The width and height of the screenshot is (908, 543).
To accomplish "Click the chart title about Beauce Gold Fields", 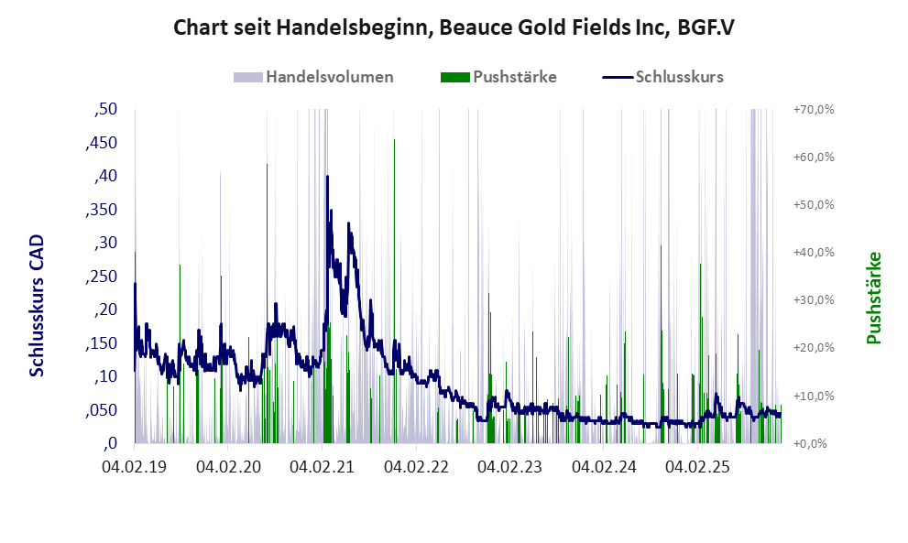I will (454, 27).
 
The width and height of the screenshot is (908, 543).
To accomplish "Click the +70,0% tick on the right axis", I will (813, 110).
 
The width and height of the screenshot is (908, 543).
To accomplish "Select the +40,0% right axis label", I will (813, 253).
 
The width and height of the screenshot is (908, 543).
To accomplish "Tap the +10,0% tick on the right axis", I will (813, 396).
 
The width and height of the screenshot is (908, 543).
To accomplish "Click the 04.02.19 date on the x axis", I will (134, 467).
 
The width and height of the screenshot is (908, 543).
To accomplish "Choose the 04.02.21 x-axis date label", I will (322, 467).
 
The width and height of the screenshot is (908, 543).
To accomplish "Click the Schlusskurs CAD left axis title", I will (38, 305).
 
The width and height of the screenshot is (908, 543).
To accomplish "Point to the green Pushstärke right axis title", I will (873, 299).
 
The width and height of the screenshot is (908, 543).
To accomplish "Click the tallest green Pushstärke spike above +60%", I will (394, 142).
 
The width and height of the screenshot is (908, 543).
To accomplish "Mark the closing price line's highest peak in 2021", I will (328, 200).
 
